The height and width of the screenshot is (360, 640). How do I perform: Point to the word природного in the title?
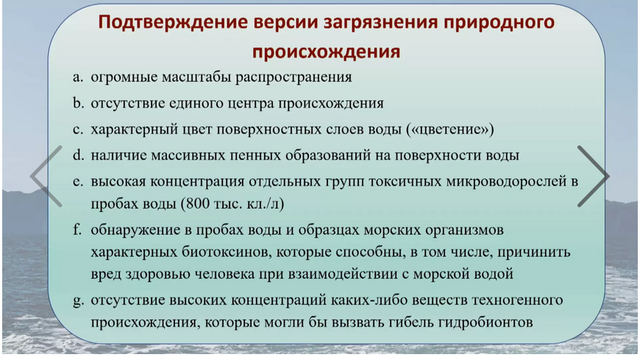point(499,23)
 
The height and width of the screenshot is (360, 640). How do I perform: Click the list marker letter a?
point(77,77)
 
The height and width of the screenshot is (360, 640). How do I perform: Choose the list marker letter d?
point(78,155)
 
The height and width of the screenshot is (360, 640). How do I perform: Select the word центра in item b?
point(250,103)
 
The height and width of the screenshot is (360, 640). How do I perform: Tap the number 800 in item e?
point(199,202)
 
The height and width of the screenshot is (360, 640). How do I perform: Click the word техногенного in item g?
point(517,300)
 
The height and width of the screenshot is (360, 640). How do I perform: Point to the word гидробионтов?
point(486,322)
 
